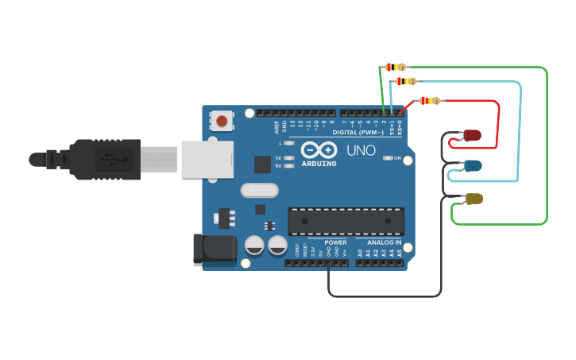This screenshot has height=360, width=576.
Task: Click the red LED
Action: coord(472,135)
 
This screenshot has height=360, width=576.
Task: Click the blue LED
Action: coord(473,166)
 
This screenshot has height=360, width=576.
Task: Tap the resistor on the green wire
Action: coord(394,68)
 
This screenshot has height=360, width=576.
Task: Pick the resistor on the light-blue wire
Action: coord(405,80)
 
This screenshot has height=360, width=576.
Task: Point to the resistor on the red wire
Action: coord(429,100)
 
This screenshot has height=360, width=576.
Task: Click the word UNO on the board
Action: coord(361,149)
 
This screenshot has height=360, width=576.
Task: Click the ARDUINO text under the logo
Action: coord(319,164)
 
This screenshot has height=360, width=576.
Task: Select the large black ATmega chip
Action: coord(346,221)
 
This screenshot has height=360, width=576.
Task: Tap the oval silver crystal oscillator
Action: coord(259,190)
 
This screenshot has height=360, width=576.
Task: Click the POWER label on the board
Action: coord(335,242)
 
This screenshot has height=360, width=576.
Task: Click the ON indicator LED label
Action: coord(398,158)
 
